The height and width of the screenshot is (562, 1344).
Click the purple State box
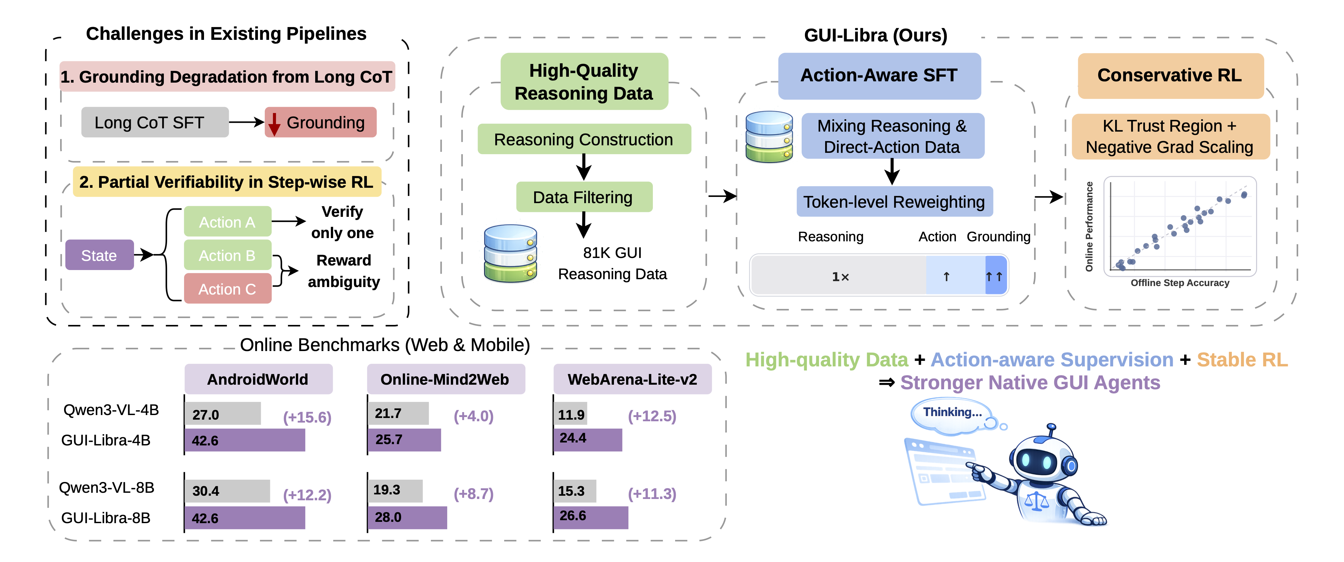[99, 255]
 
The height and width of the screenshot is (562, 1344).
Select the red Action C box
[228, 288]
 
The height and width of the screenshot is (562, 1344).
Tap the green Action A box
[228, 222]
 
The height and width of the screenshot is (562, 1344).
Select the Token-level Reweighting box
[894, 202]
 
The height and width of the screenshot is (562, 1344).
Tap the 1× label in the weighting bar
[840, 276]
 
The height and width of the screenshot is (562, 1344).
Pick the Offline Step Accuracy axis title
[1180, 282]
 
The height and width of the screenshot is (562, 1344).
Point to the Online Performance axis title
[1089, 227]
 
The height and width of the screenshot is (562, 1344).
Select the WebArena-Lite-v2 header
[632, 379]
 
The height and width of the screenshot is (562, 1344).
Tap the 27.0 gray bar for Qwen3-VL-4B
[223, 414]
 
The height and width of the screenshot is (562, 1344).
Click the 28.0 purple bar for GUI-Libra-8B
[407, 517]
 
